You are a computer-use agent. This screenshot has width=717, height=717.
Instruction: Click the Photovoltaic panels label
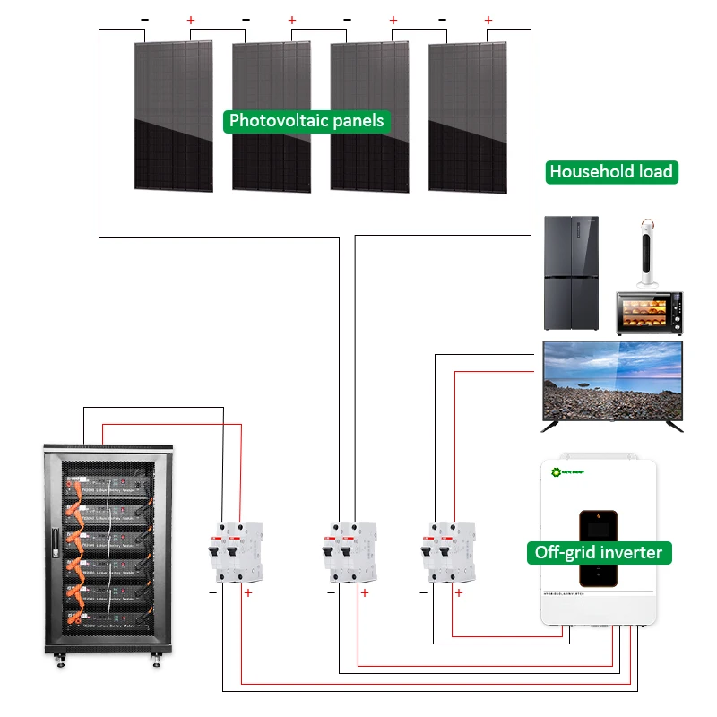coord(307,120)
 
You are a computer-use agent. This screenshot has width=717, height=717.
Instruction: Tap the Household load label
coord(611,172)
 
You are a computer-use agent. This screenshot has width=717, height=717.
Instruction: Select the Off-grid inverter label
coord(599,552)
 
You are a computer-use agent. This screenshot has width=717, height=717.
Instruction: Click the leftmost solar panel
coord(174,117)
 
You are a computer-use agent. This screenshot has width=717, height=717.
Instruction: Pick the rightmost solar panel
coord(467,117)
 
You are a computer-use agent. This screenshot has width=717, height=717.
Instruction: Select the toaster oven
coord(649,314)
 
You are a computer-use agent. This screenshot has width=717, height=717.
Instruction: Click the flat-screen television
coord(612,381)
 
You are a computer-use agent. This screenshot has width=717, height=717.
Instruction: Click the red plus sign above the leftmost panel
coord(189,20)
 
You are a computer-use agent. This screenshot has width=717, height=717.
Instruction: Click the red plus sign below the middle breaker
coord(364,592)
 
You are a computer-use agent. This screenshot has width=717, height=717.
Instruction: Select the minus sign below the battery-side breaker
coord(213,592)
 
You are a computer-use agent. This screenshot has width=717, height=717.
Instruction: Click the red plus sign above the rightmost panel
coord(488,20)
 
